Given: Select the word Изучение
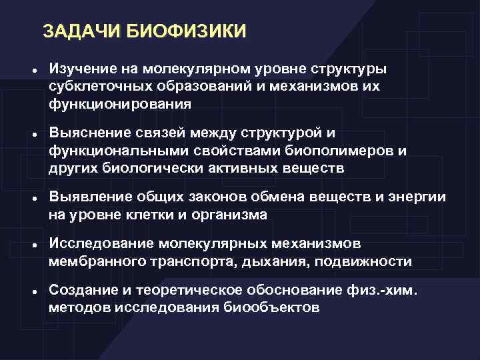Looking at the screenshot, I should [81, 70].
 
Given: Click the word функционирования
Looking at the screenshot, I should [119, 104].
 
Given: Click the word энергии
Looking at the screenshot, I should [416, 198].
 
